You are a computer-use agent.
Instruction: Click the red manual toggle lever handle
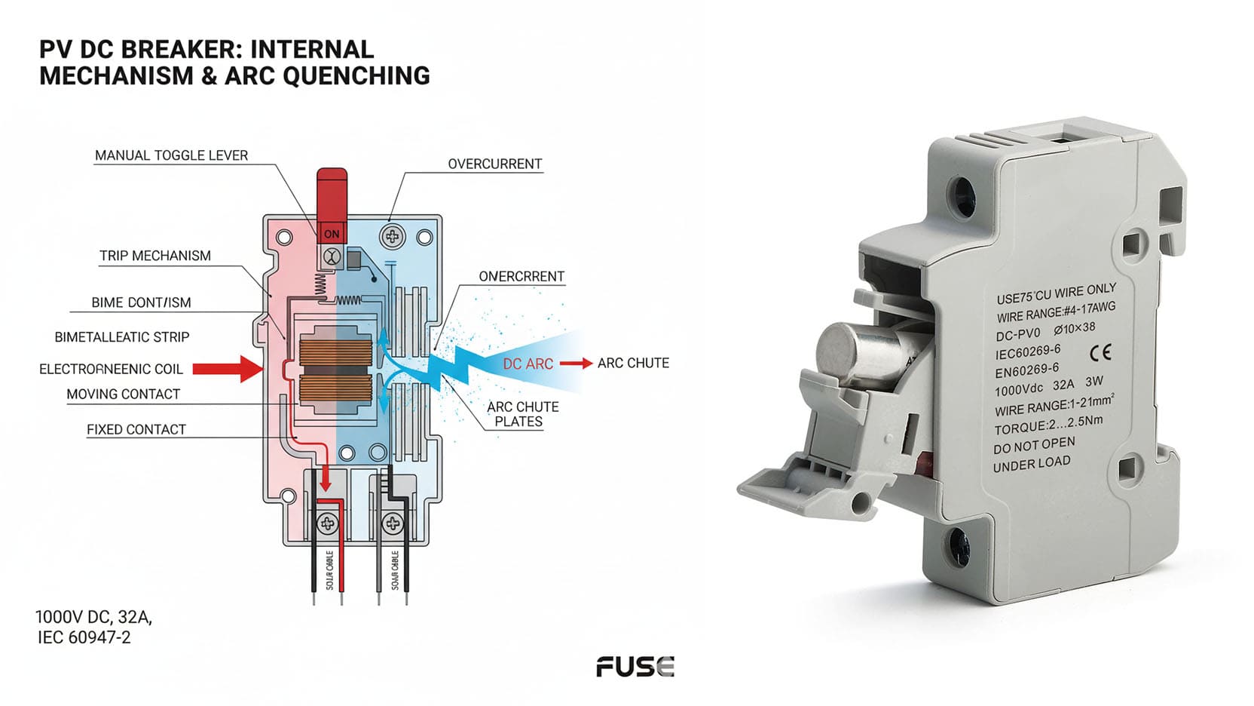332,195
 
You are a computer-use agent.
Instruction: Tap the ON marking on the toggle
332,234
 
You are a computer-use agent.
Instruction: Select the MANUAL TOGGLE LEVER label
171,155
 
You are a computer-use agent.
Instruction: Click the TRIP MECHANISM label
155,256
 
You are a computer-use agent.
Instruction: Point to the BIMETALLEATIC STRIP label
122,337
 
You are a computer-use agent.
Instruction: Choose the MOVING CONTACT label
123,394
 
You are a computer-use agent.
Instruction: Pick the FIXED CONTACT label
136,429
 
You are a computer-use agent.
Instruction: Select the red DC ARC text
528,364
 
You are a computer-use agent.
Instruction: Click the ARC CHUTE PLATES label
522,414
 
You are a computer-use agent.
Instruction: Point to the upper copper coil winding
335,351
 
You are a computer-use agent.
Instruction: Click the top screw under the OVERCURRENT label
392,236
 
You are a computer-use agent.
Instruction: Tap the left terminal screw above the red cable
329,522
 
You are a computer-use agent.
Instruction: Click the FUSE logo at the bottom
635,667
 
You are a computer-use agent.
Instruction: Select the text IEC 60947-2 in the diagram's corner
84,637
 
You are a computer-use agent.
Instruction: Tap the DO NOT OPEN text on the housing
1034,445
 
